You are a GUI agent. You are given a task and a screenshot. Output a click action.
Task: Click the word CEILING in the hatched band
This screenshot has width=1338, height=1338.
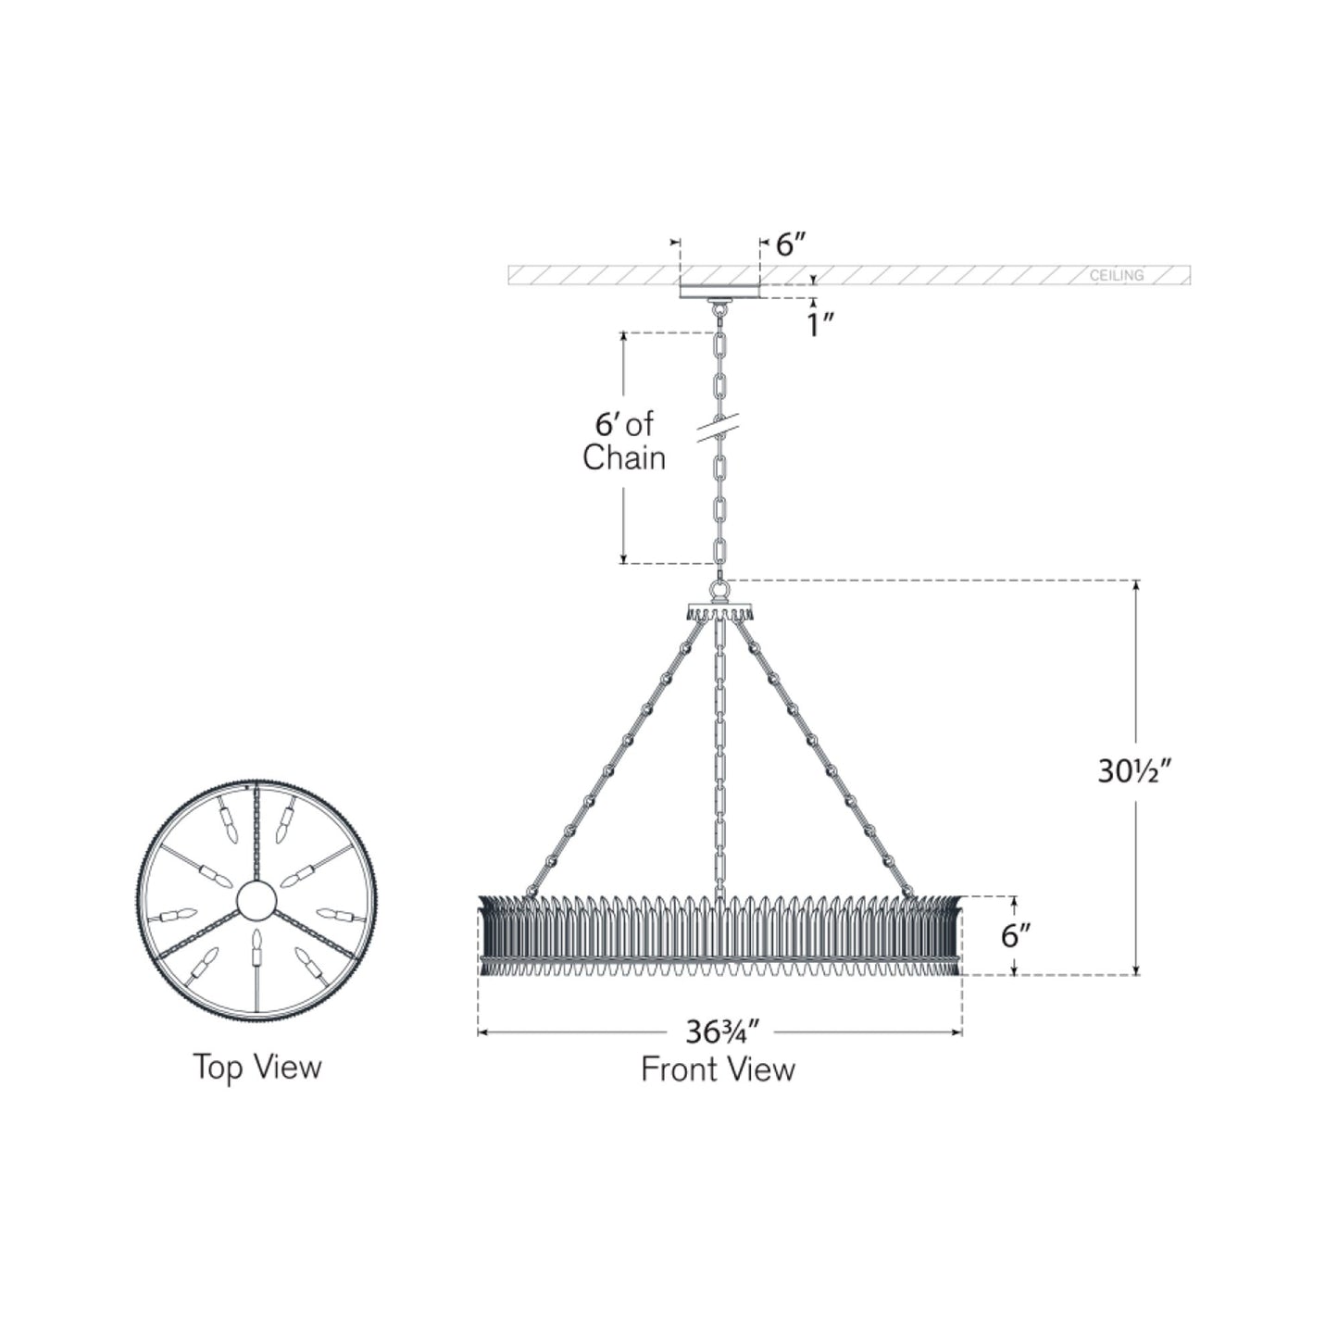(x=1116, y=275)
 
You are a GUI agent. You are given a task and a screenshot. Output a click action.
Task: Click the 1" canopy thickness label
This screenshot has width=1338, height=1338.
(x=819, y=325)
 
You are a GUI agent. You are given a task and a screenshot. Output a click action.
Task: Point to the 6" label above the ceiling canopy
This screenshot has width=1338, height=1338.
(x=790, y=244)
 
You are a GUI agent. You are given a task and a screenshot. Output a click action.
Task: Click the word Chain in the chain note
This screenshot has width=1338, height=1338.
(x=623, y=457)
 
